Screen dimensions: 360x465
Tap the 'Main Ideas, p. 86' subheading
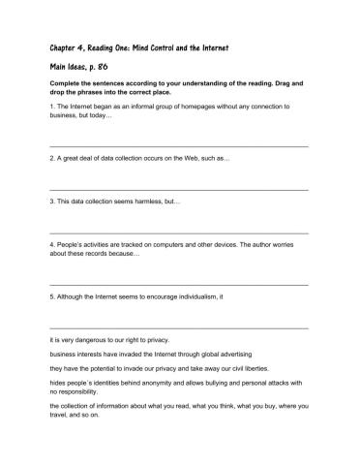click(x=84, y=69)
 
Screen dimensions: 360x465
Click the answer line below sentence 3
click(x=179, y=233)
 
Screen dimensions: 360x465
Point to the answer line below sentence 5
click(x=179, y=328)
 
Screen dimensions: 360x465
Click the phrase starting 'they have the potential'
click(x=155, y=369)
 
